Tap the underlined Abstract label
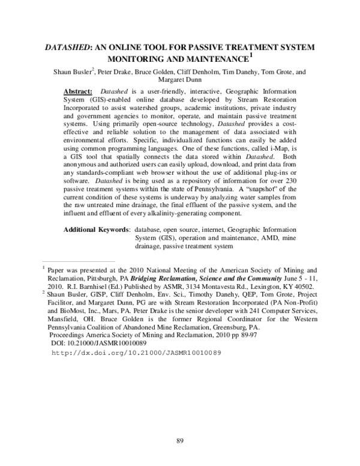tap(77, 89)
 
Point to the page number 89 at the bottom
tap(179, 441)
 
